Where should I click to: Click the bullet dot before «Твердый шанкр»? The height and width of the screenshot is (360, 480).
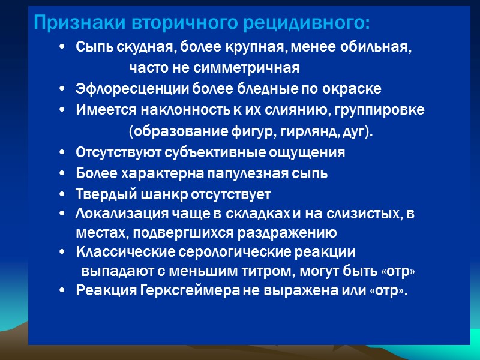point(63,195)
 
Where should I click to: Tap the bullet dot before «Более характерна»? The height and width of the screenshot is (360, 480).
point(63,174)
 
